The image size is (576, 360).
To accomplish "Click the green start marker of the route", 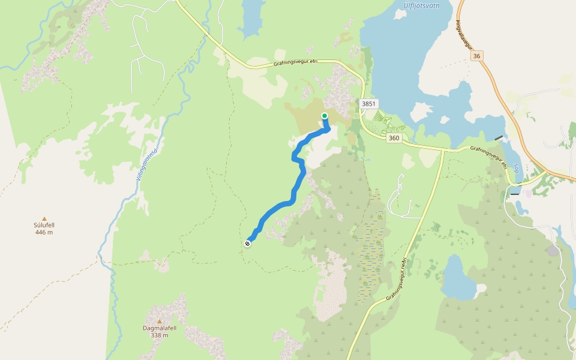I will point(325,116).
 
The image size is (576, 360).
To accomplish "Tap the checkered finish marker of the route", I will point(248,243).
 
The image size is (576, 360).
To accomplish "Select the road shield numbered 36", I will point(477,55).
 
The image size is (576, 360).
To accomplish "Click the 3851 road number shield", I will point(369,104).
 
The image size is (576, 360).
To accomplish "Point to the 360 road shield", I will point(394,138).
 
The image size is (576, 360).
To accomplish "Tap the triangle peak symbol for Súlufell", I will point(44,219).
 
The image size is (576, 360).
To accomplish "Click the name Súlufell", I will point(44,226).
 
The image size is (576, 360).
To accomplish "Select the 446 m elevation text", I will point(44,232).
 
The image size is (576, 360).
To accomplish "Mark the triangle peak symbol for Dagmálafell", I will point(160,321).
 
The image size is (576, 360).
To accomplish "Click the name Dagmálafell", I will point(160,328).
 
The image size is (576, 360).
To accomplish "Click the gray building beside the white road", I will point(553,250).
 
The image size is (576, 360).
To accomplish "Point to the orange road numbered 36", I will point(498,90).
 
